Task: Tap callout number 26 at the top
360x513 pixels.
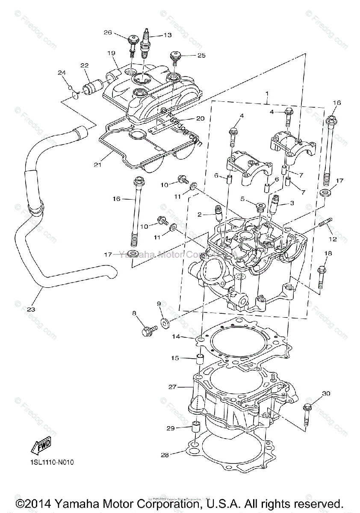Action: click(x=107, y=32)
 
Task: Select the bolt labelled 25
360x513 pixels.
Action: click(x=176, y=56)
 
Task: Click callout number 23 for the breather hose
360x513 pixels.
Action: click(x=31, y=309)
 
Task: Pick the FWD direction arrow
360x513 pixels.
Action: click(x=41, y=446)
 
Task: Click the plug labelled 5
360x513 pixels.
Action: click(x=259, y=208)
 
